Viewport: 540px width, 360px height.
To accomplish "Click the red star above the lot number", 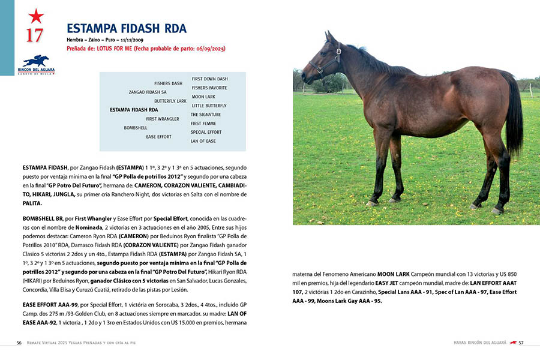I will pyautogui.click(x=35, y=16).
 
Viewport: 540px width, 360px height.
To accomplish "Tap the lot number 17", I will pyautogui.click(x=34, y=36).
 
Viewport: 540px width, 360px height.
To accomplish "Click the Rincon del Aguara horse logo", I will pyautogui.click(x=35, y=61).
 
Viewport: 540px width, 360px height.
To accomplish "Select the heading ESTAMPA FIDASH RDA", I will pyautogui.click(x=127, y=28).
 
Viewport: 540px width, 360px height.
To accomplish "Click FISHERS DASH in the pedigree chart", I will pyautogui.click(x=168, y=83).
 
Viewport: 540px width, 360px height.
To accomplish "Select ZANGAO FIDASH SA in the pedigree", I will pyautogui.click(x=148, y=92).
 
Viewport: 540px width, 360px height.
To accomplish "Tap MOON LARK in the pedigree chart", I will pyautogui.click(x=203, y=97).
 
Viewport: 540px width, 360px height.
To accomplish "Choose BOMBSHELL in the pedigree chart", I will pyautogui.click(x=136, y=128).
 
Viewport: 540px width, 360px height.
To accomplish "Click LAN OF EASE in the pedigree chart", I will pyautogui.click(x=203, y=141).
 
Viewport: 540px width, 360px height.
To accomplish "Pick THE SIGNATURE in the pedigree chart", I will pyautogui.click(x=206, y=115).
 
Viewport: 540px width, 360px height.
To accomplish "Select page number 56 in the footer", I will pyautogui.click(x=19, y=343).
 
